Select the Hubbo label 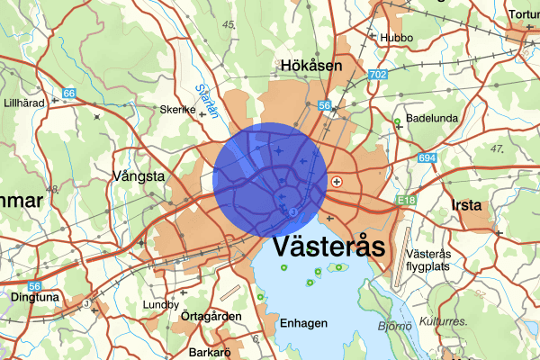click(x=395, y=38)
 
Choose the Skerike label click(x=177, y=109)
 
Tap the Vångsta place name click(x=138, y=175)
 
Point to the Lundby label click(x=161, y=304)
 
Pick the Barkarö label click(x=211, y=353)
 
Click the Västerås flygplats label click(x=428, y=259)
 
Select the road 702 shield click(x=378, y=74)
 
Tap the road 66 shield click(x=69, y=92)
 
